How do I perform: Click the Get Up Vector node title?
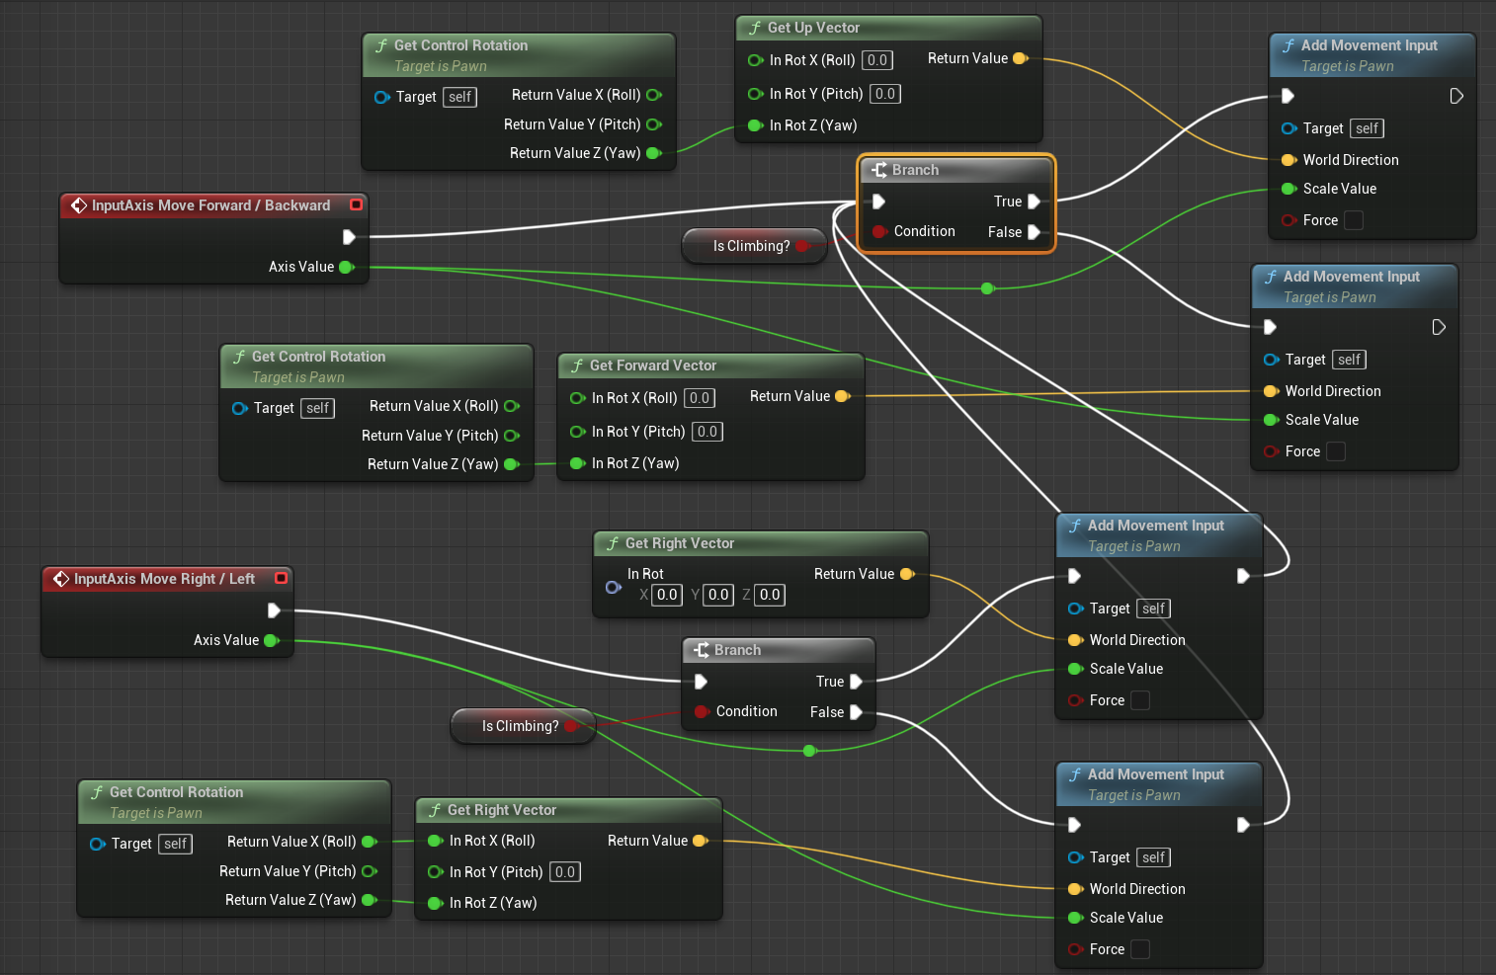point(813,28)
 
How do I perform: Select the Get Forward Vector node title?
point(652,366)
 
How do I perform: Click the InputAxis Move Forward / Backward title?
point(210,205)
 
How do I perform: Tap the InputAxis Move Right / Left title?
point(164,579)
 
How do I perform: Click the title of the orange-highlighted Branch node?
point(915,170)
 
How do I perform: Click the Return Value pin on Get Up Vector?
point(1020,58)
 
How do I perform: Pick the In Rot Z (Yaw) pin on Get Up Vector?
point(756,125)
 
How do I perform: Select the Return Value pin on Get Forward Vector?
point(842,396)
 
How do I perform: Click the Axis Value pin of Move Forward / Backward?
point(346,267)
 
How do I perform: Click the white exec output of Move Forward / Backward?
point(349,237)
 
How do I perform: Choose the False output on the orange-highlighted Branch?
point(1034,232)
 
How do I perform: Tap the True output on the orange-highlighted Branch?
point(1034,202)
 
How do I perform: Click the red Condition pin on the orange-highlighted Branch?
point(878,231)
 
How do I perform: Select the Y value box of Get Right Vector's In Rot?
point(718,595)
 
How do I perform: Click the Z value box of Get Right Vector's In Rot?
point(770,595)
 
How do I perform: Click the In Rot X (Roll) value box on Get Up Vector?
point(876,60)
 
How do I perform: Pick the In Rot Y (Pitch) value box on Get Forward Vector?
point(706,432)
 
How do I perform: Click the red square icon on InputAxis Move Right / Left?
point(281,578)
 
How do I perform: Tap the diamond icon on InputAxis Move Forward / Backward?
point(79,205)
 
